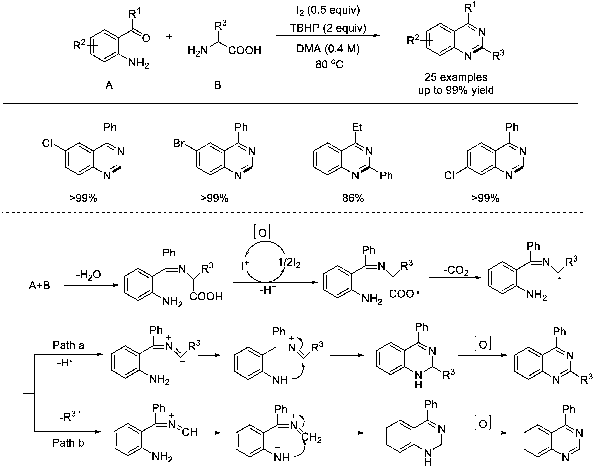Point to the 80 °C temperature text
pyautogui.click(x=329, y=65)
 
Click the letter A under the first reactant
pyautogui.click(x=109, y=86)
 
